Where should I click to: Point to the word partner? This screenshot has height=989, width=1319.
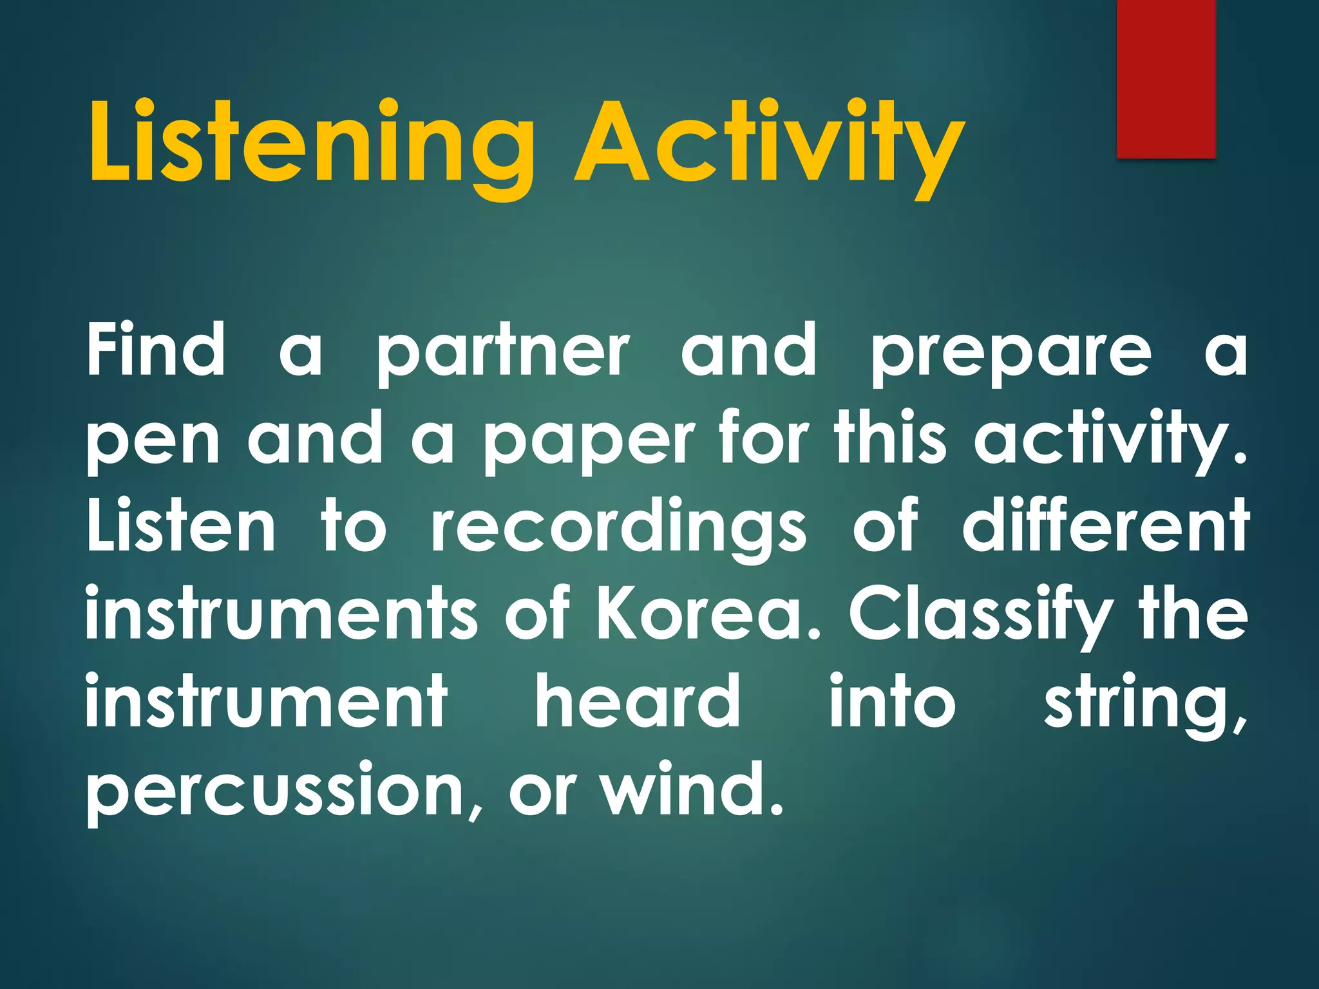[502, 354]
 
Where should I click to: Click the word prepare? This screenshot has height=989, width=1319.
[1011, 354]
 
